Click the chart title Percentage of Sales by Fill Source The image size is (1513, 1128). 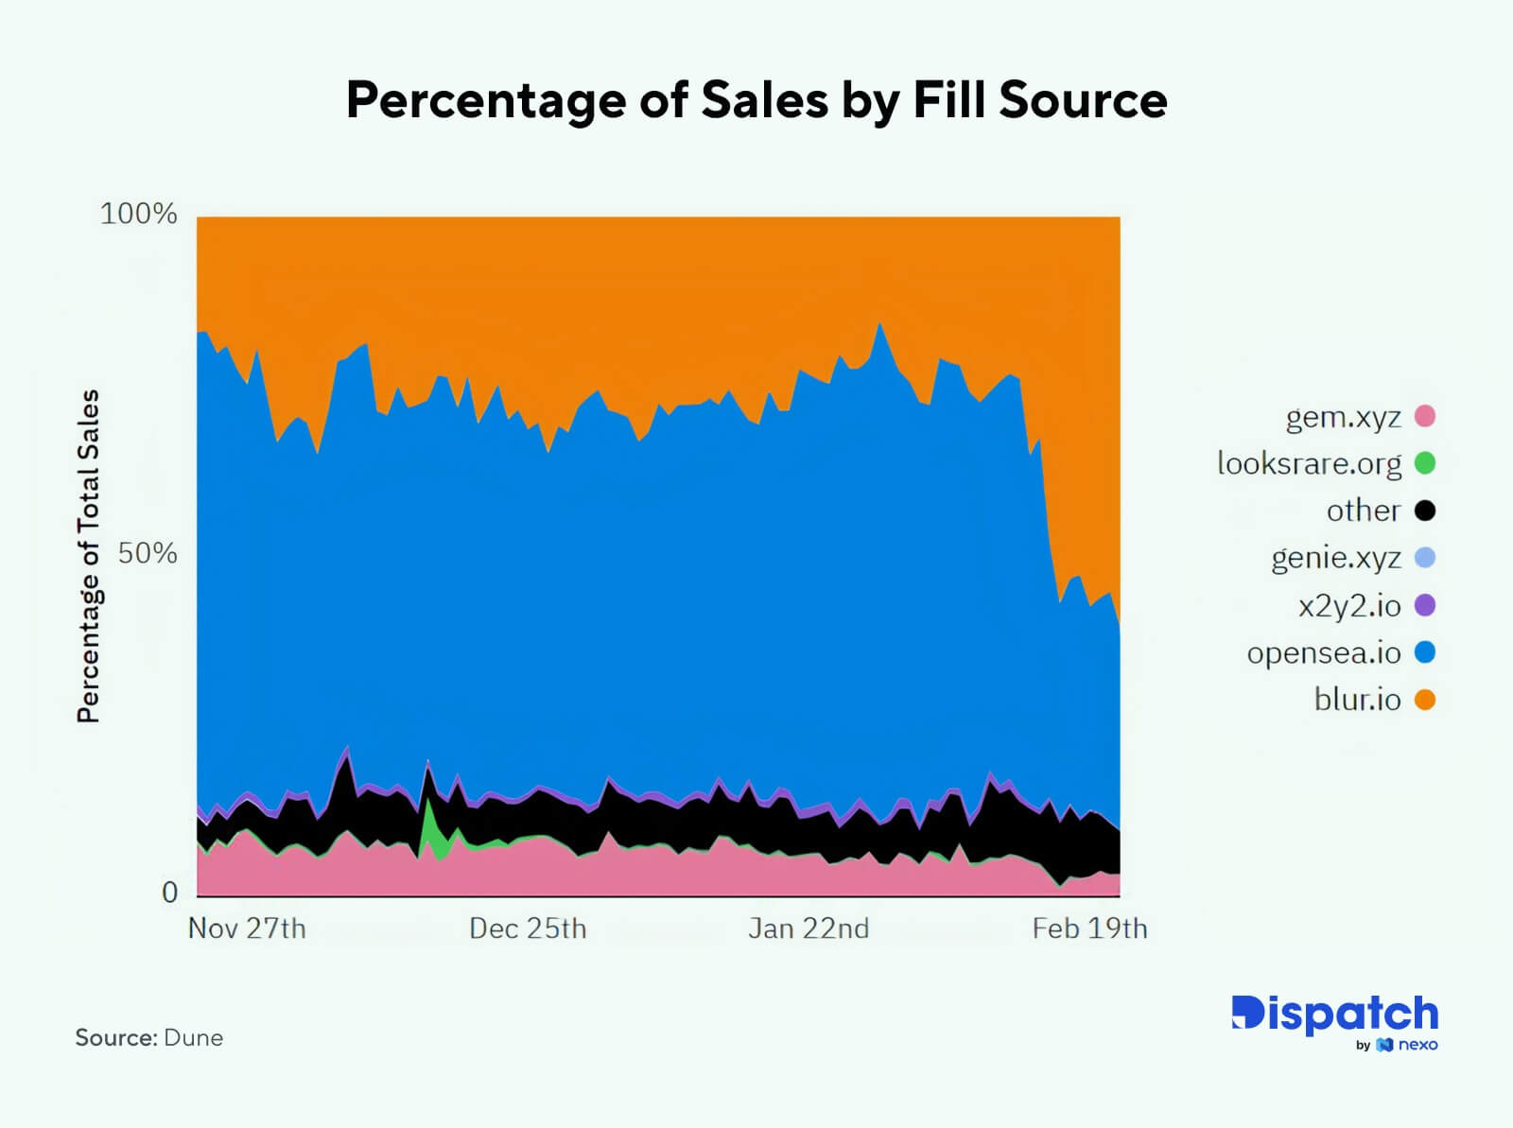756,99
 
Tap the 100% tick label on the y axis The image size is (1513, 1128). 139,214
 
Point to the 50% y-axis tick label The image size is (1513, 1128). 148,553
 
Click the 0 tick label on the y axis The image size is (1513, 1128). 169,892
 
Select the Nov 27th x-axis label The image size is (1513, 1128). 247,928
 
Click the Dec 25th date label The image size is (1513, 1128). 528,928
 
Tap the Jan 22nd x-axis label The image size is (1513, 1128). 809,928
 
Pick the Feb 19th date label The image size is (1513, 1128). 1089,928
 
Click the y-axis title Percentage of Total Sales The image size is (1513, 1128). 88,556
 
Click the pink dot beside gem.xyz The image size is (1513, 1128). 1424,416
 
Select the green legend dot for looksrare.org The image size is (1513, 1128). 1424,463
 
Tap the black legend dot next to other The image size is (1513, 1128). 1424,511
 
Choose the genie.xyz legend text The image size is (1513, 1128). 1335,558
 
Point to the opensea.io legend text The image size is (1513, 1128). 1323,652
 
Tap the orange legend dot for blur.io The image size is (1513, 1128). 1424,700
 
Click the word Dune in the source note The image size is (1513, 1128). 193,1037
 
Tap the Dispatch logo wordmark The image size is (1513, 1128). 1334,1014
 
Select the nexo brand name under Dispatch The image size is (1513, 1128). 1417,1045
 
